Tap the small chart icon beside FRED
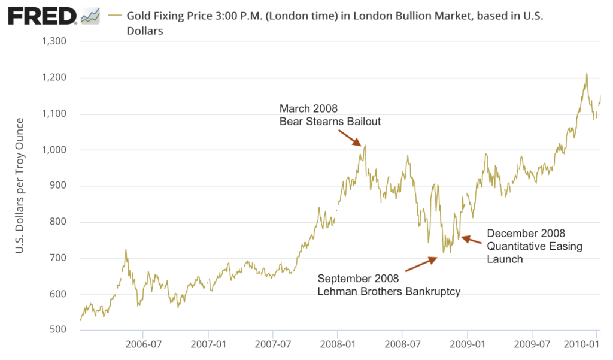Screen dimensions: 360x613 [90, 16]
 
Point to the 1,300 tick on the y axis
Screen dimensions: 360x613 [53, 41]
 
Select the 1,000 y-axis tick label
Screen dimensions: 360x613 [53, 150]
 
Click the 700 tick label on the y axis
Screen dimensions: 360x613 [59, 258]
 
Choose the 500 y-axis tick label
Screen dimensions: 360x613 [59, 330]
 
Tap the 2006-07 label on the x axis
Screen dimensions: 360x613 [143, 345]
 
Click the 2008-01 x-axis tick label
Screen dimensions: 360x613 [337, 345]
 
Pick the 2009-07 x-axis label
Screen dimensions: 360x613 [532, 345]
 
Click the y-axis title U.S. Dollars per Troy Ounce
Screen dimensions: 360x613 [19, 185]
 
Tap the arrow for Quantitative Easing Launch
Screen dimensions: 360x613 [471, 241]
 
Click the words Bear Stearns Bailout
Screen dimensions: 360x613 [330, 122]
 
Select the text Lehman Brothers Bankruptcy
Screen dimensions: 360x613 [389, 292]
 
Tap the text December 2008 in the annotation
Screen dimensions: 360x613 [526, 233]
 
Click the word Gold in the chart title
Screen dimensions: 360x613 [138, 16]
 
